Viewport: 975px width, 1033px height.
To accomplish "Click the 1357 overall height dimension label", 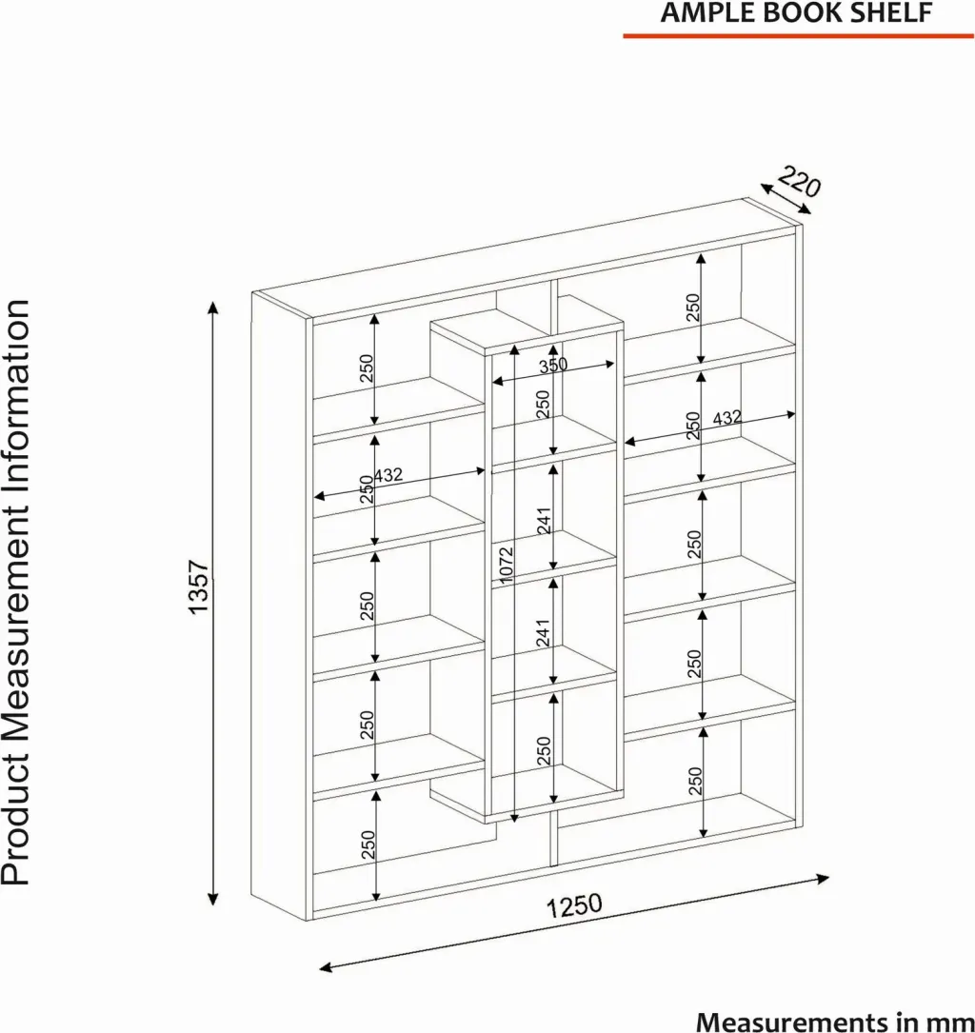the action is (198, 587).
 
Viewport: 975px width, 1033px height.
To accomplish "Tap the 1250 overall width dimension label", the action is (574, 905).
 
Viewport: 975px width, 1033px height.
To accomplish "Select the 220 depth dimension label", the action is (800, 181).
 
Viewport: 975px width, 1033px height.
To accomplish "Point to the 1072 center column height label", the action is (506, 565).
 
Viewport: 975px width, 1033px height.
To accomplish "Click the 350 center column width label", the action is (553, 365).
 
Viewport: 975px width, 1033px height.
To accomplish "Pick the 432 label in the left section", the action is (388, 474).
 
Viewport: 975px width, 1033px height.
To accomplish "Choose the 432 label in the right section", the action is (727, 418).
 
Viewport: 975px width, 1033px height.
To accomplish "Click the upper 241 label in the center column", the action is (544, 521).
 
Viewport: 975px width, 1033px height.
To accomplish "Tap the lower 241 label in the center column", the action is (544, 633).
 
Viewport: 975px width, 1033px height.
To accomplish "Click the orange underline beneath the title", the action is (799, 35).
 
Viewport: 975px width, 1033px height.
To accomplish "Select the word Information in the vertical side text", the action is (16, 406).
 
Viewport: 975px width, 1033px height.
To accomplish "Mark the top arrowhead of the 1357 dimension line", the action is (212, 308).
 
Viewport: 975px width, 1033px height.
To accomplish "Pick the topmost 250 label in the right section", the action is (693, 308).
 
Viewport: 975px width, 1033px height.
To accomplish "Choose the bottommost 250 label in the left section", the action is (368, 844).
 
